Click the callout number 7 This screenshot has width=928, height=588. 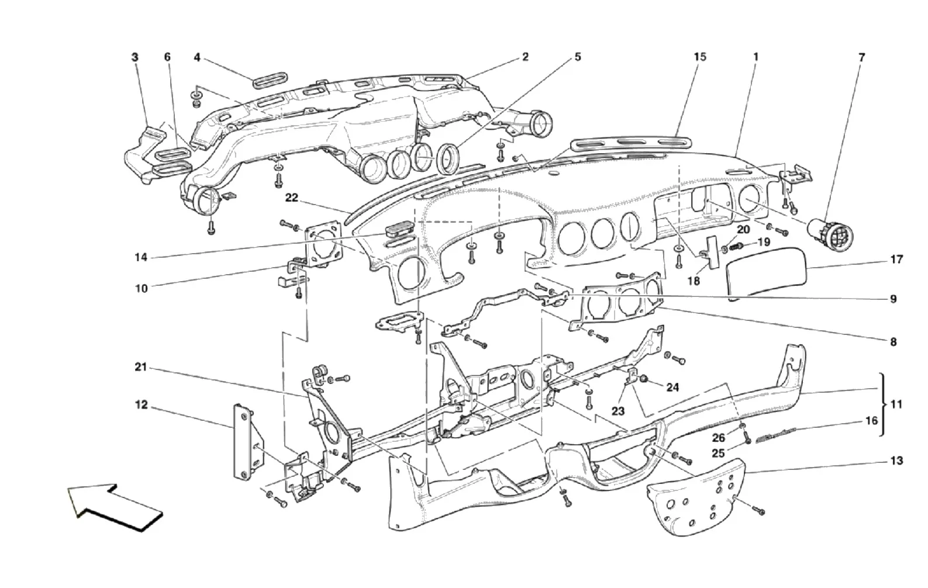point(862,58)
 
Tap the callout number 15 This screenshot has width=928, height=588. point(700,57)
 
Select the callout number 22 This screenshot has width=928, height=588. point(292,198)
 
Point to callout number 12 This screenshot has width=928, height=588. point(142,404)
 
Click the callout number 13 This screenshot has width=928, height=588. point(896,461)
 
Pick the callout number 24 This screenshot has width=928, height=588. point(672,387)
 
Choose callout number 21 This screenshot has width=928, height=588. point(141,367)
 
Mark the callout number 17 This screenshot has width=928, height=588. point(896,260)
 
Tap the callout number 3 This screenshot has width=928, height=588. point(134,57)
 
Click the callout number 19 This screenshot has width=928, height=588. point(764,242)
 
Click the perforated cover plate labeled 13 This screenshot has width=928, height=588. point(696,500)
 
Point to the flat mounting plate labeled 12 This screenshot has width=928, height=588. point(248,442)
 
